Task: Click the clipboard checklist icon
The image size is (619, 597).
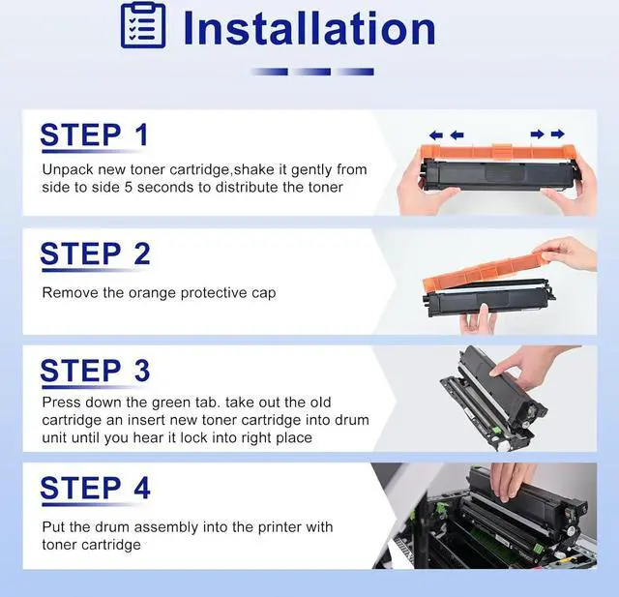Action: pyautogui.click(x=143, y=25)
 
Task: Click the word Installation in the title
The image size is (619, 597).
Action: pyautogui.click(x=309, y=28)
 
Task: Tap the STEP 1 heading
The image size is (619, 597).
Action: pyautogui.click(x=95, y=135)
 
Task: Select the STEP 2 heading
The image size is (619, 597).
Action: pyautogui.click(x=95, y=254)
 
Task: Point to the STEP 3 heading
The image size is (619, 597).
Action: pyautogui.click(x=95, y=371)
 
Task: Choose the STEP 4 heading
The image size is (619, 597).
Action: pyautogui.click(x=95, y=488)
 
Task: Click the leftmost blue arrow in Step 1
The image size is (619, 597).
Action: pyautogui.click(x=436, y=135)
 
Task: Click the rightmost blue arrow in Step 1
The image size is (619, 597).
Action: pyautogui.click(x=557, y=134)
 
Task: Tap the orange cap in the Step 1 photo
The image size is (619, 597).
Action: pyautogui.click(x=497, y=153)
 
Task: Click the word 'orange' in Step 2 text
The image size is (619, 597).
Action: pyautogui.click(x=152, y=293)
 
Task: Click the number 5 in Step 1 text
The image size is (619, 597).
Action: pyautogui.click(x=129, y=187)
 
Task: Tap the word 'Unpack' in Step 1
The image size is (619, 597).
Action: pyautogui.click(x=68, y=169)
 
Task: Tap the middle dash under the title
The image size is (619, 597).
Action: pyautogui.click(x=311, y=72)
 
